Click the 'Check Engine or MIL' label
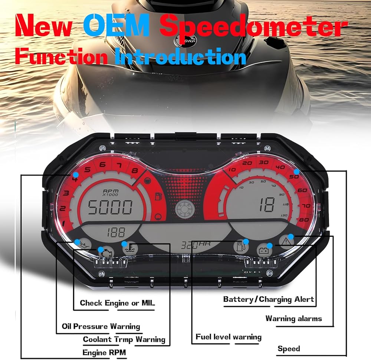click(117, 303)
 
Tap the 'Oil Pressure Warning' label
click(101, 327)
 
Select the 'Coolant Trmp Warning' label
click(124, 339)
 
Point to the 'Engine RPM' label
click(104, 352)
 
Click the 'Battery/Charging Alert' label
click(269, 299)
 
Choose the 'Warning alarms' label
click(293, 318)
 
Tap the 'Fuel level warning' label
click(229, 337)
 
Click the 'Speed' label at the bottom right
click(289, 348)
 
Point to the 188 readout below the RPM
click(116, 233)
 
